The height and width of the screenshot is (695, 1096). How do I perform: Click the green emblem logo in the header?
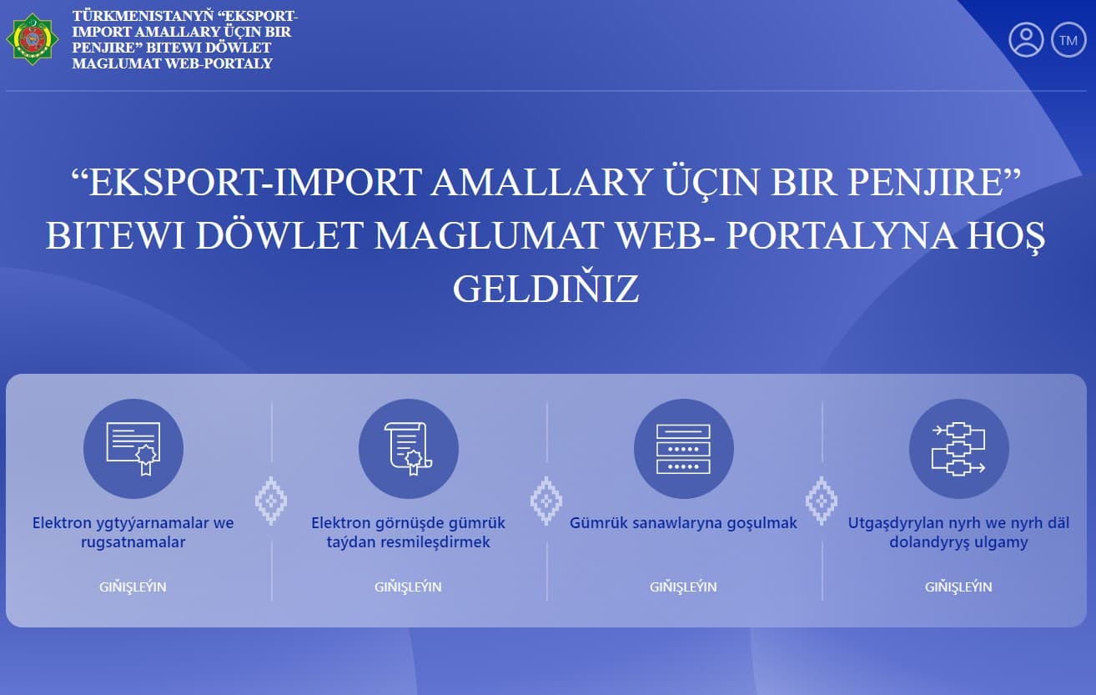tap(33, 39)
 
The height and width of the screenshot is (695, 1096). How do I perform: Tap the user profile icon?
tap(1026, 40)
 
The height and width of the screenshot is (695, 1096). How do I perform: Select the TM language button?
tap(1068, 40)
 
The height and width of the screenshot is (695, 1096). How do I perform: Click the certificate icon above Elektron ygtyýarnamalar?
tap(133, 449)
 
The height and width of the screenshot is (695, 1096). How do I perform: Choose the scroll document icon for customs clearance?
tap(408, 449)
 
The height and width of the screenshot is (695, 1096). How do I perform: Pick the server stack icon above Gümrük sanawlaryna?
tap(683, 449)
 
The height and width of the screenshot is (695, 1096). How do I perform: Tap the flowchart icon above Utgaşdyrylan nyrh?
tap(958, 449)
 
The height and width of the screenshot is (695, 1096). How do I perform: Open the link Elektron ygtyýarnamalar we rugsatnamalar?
tap(133, 532)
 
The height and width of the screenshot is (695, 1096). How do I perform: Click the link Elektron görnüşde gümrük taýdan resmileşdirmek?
tap(408, 532)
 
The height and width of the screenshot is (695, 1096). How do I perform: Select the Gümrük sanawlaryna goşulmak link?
tap(683, 523)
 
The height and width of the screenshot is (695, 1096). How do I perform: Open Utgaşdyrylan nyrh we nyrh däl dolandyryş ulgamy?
tap(958, 532)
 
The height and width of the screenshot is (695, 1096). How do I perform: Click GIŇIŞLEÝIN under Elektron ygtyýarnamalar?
tap(133, 587)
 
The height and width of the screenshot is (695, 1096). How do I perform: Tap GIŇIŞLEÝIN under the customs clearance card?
tap(408, 587)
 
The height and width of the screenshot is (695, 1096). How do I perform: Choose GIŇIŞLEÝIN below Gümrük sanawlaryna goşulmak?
tap(683, 587)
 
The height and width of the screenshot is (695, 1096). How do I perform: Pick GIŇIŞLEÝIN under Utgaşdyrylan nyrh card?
tap(958, 587)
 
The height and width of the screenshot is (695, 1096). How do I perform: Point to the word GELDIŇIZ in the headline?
tap(545, 289)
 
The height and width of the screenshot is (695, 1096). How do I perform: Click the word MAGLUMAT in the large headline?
tap(487, 236)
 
